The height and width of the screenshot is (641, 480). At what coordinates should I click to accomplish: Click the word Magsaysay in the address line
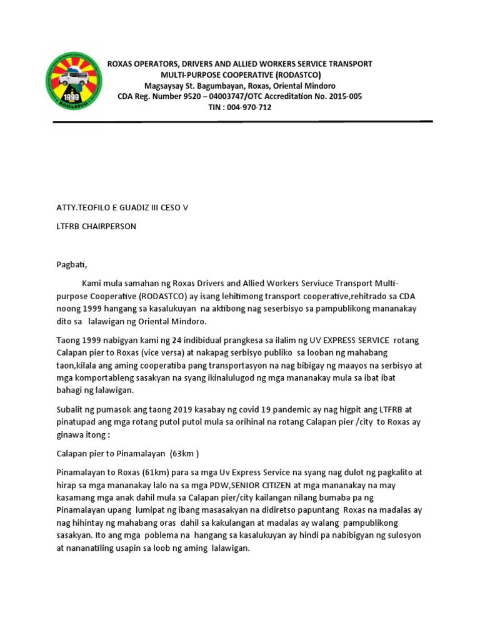point(164,86)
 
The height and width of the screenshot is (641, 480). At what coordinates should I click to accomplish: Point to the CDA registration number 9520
point(190,96)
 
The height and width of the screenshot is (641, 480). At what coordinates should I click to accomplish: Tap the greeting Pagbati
point(72,265)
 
